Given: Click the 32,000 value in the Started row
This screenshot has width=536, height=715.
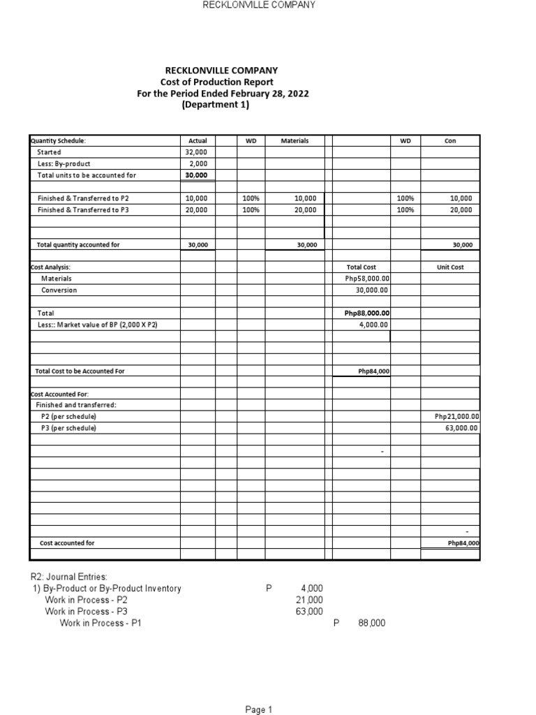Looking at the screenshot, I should coord(198,152).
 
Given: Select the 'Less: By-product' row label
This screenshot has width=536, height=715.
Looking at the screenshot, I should coord(64,163).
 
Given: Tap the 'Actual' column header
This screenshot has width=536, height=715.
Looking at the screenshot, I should coord(198,140).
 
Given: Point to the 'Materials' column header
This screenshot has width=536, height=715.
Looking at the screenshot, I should coord(295,140).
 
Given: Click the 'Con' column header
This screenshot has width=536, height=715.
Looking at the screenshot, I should coord(449,140).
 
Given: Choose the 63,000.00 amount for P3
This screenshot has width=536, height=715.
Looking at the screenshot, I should coord(461,428).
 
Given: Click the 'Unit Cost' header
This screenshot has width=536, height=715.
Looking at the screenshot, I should coord(449,267).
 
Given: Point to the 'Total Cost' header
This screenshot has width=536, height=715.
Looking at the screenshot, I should coord(361,267).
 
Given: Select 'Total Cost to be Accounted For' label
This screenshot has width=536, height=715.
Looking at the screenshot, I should coord(80,371).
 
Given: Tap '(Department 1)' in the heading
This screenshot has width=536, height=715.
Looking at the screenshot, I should coord(215,105).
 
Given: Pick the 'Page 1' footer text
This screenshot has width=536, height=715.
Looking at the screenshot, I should coord(258,709).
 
